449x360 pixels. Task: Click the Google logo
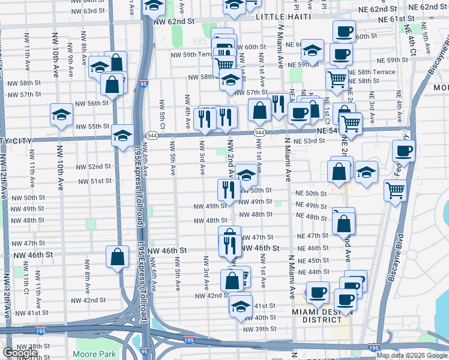[20, 353]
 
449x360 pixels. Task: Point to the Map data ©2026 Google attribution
[412, 355]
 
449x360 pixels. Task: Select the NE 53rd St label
[309, 141]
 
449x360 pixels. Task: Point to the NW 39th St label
[259, 329]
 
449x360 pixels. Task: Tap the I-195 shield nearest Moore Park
[189, 340]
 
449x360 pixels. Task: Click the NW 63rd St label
[82, 11]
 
